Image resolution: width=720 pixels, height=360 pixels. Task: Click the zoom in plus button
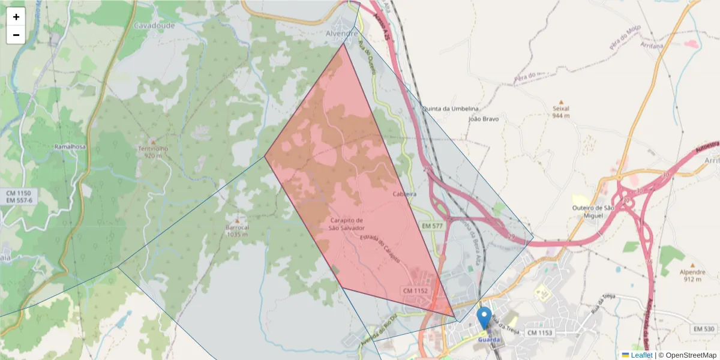click(16, 17)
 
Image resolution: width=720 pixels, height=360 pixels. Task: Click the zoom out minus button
click(16, 35)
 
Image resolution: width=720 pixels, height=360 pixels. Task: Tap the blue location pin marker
click(484, 317)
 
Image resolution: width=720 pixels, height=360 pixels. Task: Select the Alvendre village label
click(342, 34)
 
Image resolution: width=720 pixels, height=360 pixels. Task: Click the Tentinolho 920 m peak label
click(152, 152)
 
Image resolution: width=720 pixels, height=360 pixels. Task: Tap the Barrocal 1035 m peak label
click(238, 231)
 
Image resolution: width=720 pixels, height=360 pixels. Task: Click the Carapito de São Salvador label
click(347, 224)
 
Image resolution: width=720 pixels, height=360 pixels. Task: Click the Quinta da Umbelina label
click(451, 109)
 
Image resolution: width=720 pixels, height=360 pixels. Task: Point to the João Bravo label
click(483, 119)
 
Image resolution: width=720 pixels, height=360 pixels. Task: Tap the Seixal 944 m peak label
click(561, 112)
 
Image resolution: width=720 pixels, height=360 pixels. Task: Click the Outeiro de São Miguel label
click(593, 211)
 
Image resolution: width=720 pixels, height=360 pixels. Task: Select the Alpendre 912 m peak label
click(692, 275)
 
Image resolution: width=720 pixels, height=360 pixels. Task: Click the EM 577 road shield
click(432, 226)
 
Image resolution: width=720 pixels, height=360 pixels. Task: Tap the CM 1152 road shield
click(415, 291)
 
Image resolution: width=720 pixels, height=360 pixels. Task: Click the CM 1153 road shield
click(540, 332)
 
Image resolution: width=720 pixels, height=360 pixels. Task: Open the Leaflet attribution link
click(641, 355)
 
